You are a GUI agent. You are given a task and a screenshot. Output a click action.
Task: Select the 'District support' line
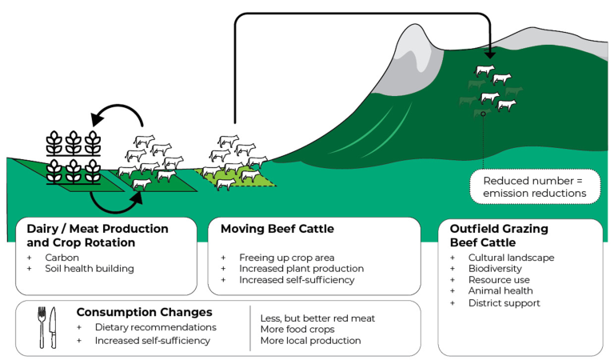click(x=504, y=303)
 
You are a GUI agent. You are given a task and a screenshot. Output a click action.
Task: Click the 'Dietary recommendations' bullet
click(x=156, y=327)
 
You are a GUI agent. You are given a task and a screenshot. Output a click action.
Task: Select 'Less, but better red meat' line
click(x=317, y=318)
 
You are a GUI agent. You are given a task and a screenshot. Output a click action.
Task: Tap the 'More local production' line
click(x=310, y=340)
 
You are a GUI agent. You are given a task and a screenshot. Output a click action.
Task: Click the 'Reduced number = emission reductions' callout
click(x=534, y=187)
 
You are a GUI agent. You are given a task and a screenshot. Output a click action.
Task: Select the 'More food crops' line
click(x=297, y=330)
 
